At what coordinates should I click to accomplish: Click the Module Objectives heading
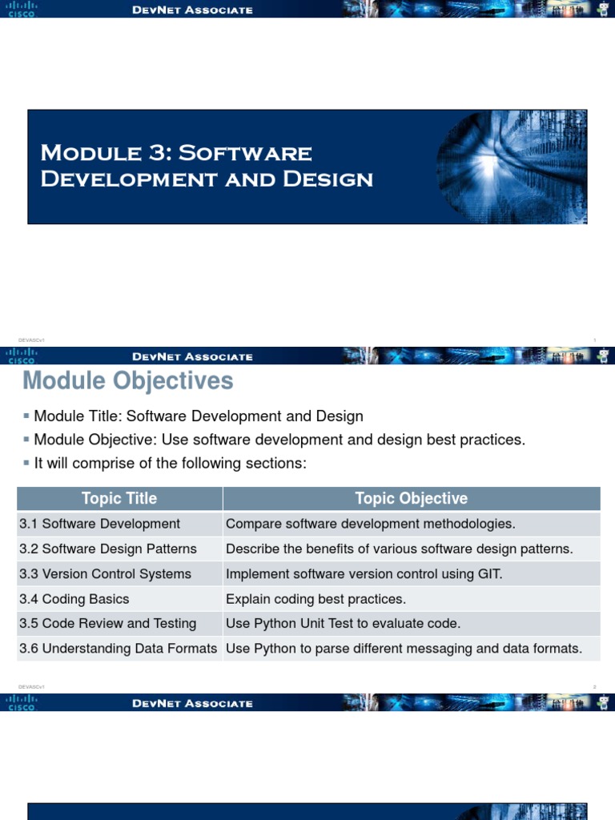click(128, 381)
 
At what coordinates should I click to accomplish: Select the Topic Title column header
click(119, 498)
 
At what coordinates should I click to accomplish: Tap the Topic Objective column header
click(411, 498)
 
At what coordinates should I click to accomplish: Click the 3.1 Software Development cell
click(100, 524)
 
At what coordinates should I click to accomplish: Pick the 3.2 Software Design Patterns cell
click(108, 549)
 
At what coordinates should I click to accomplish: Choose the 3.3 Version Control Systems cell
click(106, 573)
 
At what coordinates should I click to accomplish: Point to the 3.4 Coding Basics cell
click(74, 599)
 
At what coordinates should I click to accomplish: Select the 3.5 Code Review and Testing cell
click(108, 623)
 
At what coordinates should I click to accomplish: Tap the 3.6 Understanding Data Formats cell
click(119, 648)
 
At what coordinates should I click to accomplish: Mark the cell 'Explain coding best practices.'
click(316, 599)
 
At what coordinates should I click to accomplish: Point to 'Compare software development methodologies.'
click(371, 524)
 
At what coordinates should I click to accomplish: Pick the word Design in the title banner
click(337, 179)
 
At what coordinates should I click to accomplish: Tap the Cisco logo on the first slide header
click(22, 9)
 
